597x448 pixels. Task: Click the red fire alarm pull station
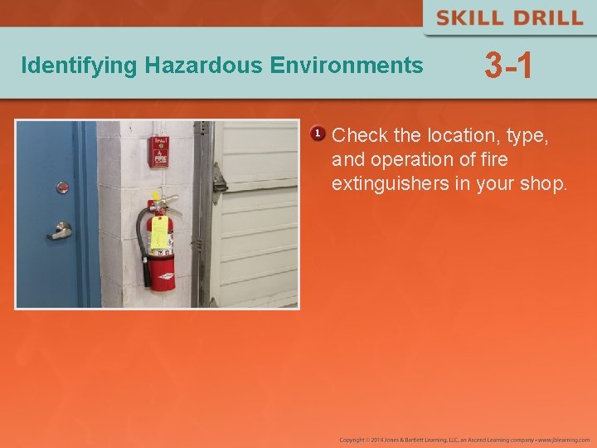point(158,151)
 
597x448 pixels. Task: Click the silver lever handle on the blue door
point(60,230)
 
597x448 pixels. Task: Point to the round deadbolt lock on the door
point(62,187)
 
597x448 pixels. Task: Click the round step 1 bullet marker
point(317,134)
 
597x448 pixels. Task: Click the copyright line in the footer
point(464,439)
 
